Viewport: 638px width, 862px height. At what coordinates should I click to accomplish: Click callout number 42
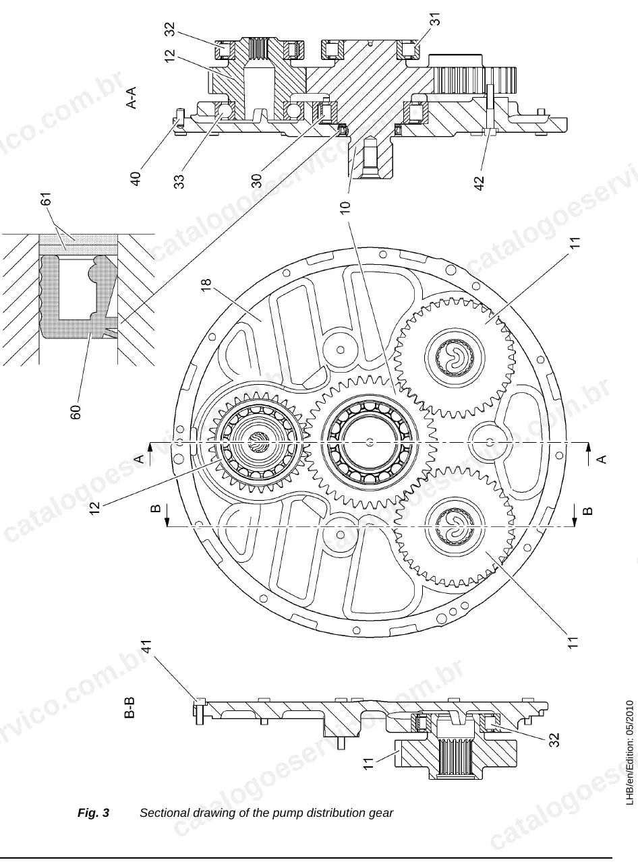480,183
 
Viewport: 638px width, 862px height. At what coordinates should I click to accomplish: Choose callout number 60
76,412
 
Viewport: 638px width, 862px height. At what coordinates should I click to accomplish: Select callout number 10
345,207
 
